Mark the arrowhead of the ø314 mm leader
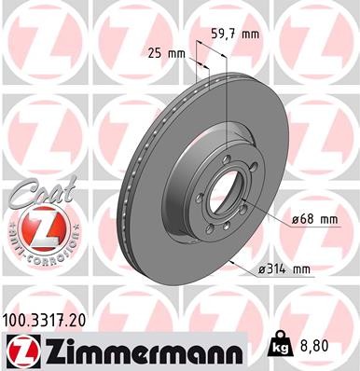point(229,260)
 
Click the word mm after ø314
point(301,269)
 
